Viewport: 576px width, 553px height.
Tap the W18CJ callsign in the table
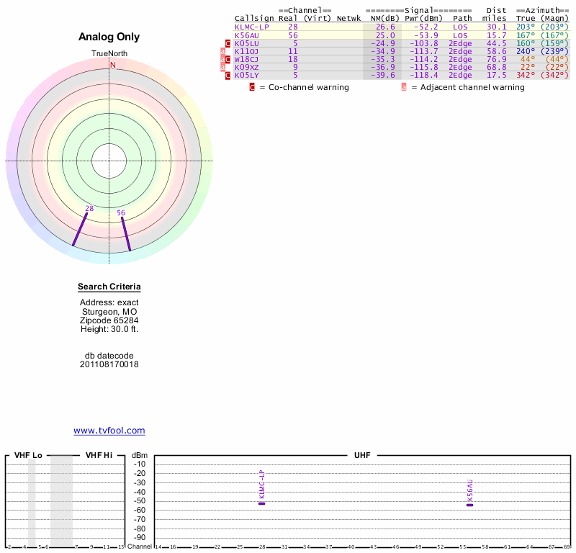tap(246, 59)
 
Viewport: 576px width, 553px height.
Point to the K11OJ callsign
tap(246, 51)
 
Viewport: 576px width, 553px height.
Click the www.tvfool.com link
tap(109, 431)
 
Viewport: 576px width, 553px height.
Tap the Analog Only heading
tap(109, 37)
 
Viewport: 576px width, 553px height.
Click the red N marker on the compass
tap(112, 65)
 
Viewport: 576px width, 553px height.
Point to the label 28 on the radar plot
tap(89, 209)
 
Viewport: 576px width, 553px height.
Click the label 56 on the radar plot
tap(121, 213)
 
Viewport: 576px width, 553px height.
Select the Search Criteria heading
tap(109, 287)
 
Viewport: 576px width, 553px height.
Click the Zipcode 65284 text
tap(109, 320)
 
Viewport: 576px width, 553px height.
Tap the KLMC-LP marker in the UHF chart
tap(262, 503)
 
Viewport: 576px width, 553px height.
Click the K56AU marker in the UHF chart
tap(469, 505)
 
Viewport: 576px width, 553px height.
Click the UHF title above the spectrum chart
tap(361, 455)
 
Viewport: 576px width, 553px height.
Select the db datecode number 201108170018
tap(109, 364)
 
